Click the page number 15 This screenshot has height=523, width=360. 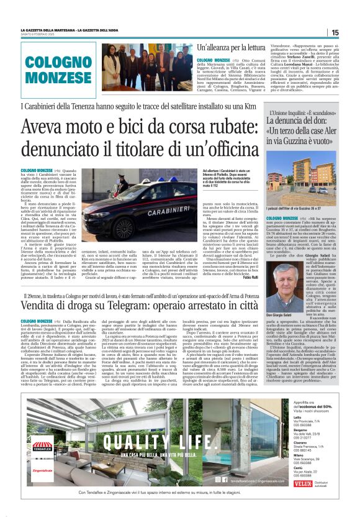tap(334, 32)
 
